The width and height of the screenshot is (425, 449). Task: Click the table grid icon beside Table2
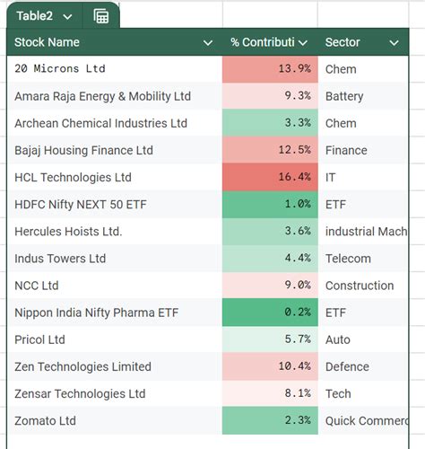click(101, 16)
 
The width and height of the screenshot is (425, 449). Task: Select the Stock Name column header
click(48, 42)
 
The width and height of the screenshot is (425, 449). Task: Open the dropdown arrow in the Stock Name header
click(208, 43)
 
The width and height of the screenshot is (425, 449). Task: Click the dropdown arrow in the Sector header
click(394, 43)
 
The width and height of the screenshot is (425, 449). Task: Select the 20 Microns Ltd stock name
click(60, 69)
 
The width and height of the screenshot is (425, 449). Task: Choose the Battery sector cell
click(344, 96)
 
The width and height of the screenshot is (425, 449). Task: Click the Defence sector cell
click(347, 366)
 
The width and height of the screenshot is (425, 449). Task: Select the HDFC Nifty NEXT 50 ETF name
click(81, 205)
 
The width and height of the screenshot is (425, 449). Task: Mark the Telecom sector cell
click(347, 259)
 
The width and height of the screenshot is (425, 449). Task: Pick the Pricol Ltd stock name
click(41, 339)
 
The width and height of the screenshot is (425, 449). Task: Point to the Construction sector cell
click(360, 286)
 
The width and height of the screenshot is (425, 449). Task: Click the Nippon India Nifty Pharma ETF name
click(99, 313)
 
